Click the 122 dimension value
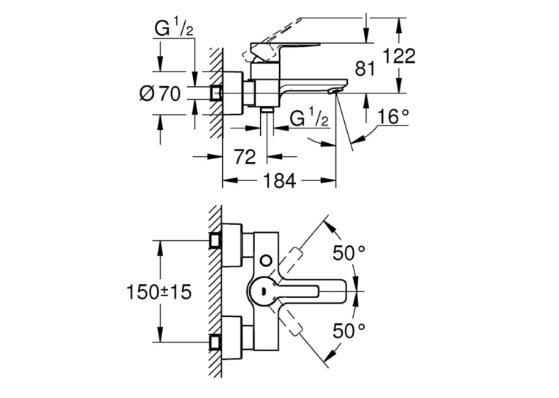click(399, 56)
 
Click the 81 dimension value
click(365, 69)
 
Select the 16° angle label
click(393, 117)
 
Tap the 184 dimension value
click(280, 180)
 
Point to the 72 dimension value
click(245, 157)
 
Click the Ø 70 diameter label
click(160, 94)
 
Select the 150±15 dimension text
click(159, 293)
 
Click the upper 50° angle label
click(349, 253)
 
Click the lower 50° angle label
click(349, 331)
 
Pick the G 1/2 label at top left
click(175, 28)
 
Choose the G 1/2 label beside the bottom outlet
click(309, 118)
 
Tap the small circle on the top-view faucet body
click(265, 260)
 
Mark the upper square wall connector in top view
click(216, 240)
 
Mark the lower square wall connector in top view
click(216, 342)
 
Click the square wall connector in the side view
click(216, 93)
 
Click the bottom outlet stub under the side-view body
click(266, 110)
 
